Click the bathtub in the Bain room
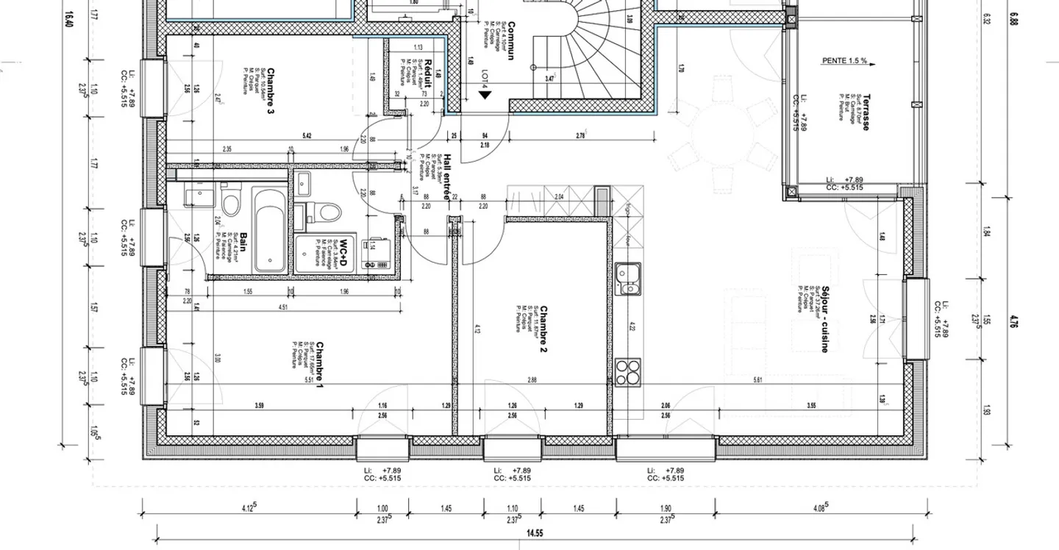point(268,228)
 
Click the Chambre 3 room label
point(269,87)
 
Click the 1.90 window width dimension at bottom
point(666,508)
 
